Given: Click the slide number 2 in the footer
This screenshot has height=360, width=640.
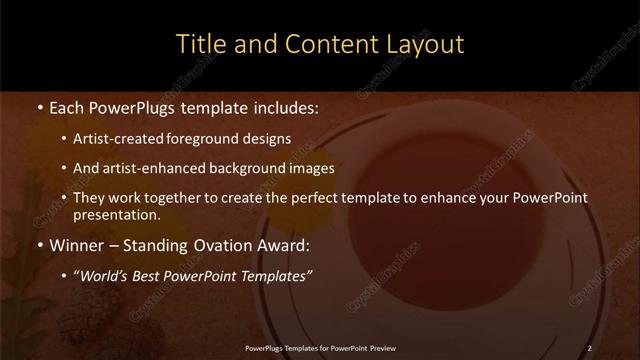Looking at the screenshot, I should [x=589, y=347].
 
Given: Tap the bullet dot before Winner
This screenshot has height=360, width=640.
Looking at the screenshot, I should [x=38, y=246].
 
